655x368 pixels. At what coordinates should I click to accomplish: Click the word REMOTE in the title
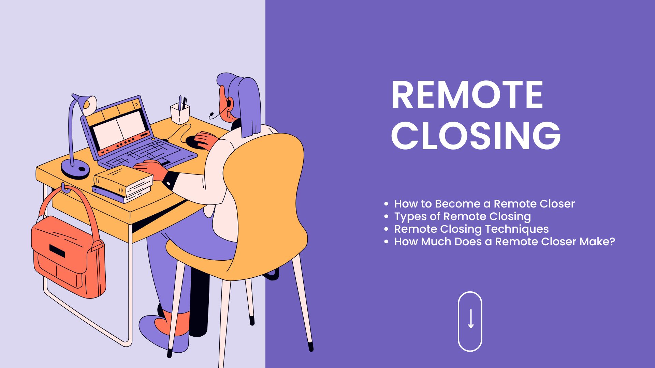point(467,95)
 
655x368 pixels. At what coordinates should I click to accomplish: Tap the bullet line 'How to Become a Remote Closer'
point(484,204)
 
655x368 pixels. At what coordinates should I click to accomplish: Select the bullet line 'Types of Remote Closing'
point(463,216)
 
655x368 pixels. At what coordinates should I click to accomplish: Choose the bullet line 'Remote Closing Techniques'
point(471,229)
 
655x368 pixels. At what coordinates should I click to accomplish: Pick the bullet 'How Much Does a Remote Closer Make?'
point(505,242)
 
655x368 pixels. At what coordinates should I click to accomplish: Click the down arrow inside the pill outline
point(471,319)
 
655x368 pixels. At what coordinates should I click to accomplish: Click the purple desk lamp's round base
point(75,169)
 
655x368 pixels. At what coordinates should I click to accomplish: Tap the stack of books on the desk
point(123,184)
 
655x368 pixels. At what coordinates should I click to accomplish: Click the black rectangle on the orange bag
point(57,251)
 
